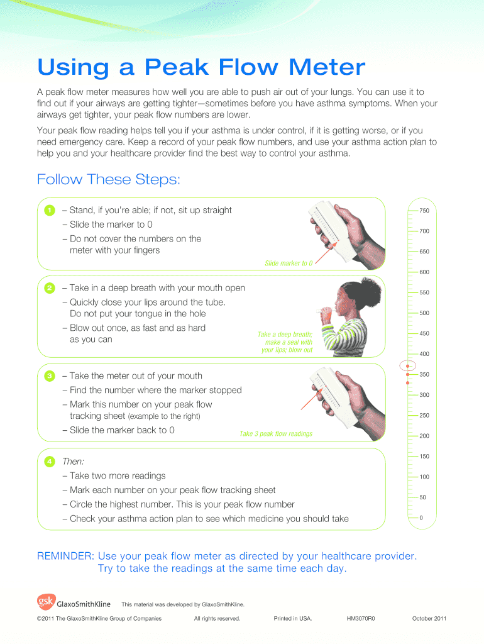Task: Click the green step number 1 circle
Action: (50, 211)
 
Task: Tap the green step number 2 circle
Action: (50, 288)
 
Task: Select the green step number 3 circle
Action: (50, 376)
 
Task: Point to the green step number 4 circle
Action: (50, 462)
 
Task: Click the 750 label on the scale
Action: (424, 211)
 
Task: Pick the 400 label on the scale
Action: (424, 354)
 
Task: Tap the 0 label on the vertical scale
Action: (421, 518)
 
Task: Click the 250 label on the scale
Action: (424, 416)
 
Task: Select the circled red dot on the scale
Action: (408, 365)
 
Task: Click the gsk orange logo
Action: (46, 602)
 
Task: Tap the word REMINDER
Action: (65, 556)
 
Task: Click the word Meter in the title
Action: (327, 67)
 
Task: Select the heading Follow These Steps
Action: (108, 179)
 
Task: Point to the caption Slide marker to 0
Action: (289, 264)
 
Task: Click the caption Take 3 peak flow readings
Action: (276, 434)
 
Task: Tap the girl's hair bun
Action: (371, 287)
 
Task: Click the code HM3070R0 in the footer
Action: (361, 619)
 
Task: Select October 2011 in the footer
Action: (429, 619)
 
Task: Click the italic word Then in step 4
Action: (73, 462)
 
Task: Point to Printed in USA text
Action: (293, 619)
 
